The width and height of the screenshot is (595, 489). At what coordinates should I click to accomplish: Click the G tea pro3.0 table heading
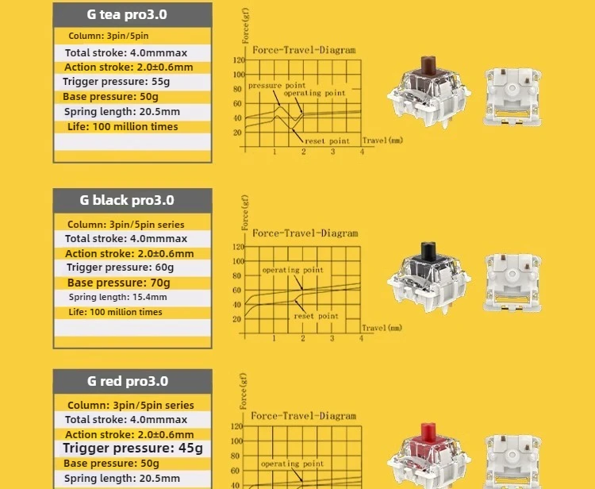127,14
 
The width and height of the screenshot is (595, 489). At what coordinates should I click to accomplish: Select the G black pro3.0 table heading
127,200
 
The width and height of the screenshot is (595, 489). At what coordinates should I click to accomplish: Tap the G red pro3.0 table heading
128,381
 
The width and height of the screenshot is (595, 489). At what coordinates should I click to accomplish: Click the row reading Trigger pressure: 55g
116,82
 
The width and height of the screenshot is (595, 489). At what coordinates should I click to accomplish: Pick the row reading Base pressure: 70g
118,283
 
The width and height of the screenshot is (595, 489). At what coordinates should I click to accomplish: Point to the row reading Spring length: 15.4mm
117,297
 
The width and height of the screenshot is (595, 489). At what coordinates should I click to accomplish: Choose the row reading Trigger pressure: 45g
132,448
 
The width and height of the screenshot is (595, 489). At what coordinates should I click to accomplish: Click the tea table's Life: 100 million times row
122,127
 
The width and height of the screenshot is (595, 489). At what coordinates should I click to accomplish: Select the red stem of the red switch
428,433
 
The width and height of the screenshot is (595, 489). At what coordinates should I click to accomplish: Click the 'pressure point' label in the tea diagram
277,86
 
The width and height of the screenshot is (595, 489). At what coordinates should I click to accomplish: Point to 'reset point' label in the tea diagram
327,141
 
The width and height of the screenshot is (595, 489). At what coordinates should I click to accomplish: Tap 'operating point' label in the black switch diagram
293,270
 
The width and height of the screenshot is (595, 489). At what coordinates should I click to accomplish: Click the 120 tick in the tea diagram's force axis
239,60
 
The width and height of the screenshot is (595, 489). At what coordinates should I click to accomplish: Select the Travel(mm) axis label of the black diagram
382,328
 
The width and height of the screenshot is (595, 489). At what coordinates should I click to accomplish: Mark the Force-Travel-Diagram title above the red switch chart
304,416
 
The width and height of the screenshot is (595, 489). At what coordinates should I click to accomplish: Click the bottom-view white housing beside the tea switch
512,97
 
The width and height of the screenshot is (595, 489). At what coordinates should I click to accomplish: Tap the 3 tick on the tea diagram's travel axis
332,152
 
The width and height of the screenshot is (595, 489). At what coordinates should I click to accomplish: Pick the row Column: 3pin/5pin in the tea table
109,36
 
